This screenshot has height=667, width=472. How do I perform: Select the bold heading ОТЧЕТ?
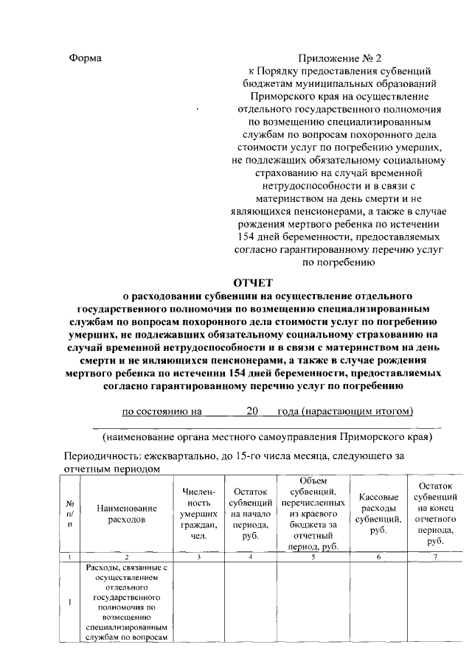[253, 281]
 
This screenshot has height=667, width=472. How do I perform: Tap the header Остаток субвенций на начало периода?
[250, 514]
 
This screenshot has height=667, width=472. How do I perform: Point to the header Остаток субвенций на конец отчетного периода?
[435, 514]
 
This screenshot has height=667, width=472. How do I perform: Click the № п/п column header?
[69, 514]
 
